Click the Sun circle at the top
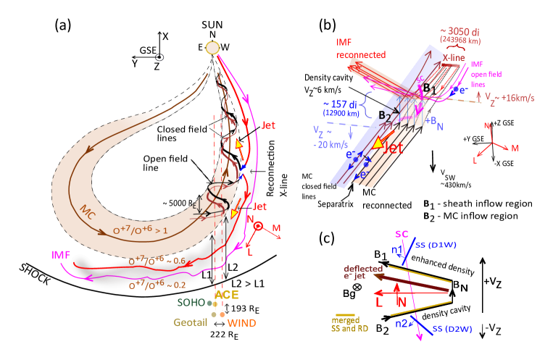click(212, 48)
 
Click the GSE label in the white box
click(148, 50)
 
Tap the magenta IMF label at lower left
click(62, 255)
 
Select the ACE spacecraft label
click(225, 296)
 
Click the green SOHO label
click(191, 302)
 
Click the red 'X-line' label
click(454, 56)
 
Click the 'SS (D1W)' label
click(436, 246)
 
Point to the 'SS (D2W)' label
click(454, 329)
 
